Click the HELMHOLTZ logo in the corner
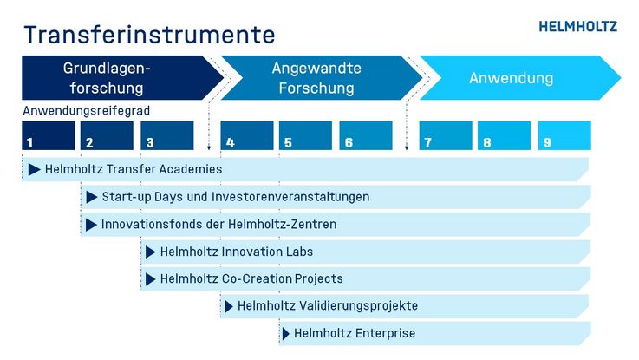[x=577, y=27]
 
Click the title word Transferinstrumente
[x=149, y=35]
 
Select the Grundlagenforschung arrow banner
[x=122, y=78]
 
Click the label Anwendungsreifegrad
[x=87, y=110]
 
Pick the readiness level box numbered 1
[x=49, y=135]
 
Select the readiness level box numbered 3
[x=167, y=135]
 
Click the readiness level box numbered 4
[x=247, y=135]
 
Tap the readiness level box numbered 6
[x=366, y=135]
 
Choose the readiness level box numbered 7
[x=446, y=135]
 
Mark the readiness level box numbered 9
[x=564, y=135]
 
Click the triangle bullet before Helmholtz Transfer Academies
[x=34, y=170]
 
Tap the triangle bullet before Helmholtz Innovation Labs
[x=151, y=252]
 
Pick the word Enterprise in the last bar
[x=385, y=333]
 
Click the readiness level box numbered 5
[x=306, y=135]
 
